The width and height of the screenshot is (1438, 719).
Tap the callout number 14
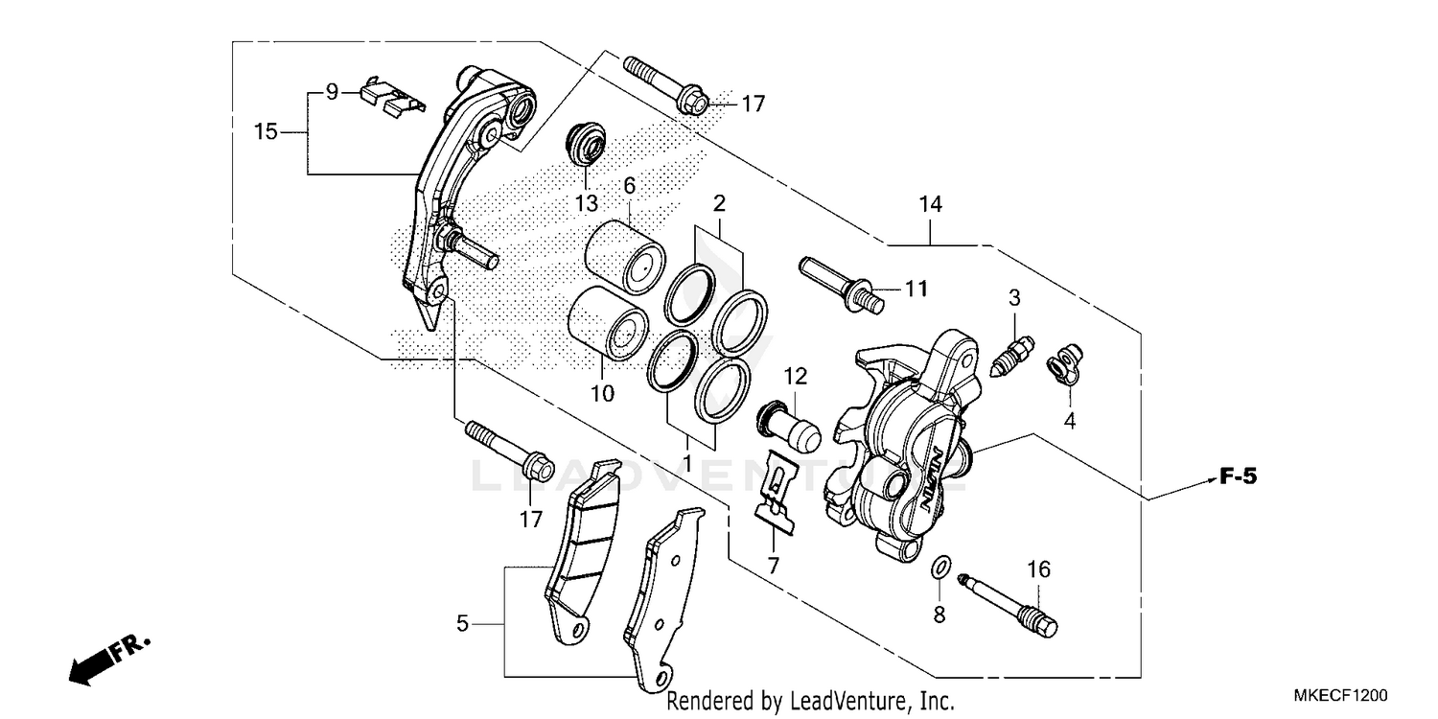pos(930,204)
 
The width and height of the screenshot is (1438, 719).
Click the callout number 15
pos(266,131)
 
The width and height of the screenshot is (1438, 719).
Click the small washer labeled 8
pos(940,568)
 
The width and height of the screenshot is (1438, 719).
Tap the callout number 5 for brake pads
pos(463,624)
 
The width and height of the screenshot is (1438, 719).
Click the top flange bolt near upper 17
pos(661,81)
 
